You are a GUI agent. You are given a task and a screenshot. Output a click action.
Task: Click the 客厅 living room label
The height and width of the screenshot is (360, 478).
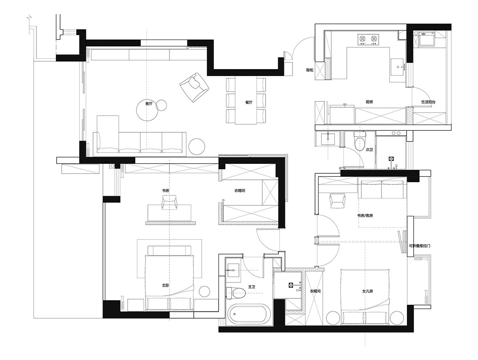(x=149, y=104)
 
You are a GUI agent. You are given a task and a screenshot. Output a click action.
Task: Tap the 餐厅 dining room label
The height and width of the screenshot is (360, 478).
(x=249, y=102)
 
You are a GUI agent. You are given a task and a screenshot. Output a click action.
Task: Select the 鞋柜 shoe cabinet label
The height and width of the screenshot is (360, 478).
(x=310, y=70)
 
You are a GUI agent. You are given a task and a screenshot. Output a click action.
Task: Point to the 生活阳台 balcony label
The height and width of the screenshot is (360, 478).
(x=428, y=102)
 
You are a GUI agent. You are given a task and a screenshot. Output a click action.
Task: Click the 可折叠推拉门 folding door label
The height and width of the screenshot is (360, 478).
(x=419, y=246)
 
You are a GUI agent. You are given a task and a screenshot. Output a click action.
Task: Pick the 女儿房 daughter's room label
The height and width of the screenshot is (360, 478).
(x=367, y=291)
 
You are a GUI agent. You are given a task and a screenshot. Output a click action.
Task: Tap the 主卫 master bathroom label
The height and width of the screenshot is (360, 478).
(x=252, y=287)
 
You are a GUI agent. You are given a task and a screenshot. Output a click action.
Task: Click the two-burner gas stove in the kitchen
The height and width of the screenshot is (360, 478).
(x=368, y=40)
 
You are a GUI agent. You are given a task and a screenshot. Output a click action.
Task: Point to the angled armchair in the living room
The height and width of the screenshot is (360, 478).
(x=194, y=87)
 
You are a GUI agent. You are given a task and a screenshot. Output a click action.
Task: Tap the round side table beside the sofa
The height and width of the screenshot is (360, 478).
(x=197, y=147)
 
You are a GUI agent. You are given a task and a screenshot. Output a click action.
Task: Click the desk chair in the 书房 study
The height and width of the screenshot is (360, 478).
(x=169, y=202)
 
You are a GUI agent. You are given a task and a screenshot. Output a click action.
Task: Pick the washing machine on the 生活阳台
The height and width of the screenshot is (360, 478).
(x=427, y=39)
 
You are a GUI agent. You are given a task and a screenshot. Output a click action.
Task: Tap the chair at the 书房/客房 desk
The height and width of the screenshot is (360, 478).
(x=337, y=201)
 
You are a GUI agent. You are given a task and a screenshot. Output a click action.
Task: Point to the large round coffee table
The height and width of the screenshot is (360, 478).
(x=147, y=110)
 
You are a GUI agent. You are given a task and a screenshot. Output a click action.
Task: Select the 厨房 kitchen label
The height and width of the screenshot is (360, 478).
(x=369, y=102)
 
